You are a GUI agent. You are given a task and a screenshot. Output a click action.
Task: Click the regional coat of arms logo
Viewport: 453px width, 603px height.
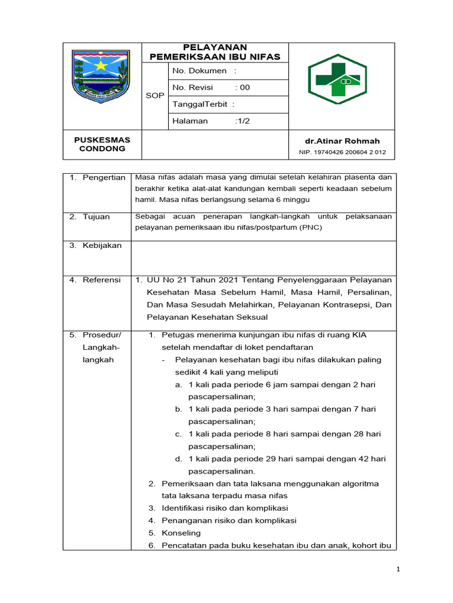click(x=100, y=77)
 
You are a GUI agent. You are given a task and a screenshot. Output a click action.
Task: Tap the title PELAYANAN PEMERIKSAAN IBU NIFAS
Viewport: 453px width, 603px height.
click(x=215, y=52)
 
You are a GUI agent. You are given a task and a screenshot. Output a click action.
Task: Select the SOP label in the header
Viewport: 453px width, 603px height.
click(x=155, y=95)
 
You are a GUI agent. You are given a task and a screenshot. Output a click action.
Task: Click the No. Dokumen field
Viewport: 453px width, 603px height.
click(x=204, y=71)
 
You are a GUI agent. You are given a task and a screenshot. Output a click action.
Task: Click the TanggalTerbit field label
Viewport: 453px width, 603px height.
click(x=203, y=104)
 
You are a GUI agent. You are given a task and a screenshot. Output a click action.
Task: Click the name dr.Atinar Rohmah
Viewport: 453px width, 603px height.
click(x=342, y=141)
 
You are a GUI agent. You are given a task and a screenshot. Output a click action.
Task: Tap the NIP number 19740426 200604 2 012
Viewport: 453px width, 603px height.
click(x=342, y=152)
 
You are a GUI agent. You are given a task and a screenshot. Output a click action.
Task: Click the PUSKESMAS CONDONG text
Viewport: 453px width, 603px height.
click(x=102, y=144)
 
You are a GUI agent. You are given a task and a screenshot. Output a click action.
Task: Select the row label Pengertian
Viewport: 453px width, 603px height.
click(x=104, y=177)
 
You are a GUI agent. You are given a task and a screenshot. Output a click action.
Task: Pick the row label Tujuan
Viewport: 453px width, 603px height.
click(x=96, y=217)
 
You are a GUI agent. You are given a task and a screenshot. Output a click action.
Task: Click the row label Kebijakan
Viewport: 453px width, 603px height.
click(x=101, y=245)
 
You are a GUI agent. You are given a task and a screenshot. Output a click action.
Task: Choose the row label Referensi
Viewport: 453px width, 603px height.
click(x=101, y=280)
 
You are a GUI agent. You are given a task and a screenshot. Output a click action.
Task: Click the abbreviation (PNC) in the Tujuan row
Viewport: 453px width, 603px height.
click(x=313, y=227)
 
